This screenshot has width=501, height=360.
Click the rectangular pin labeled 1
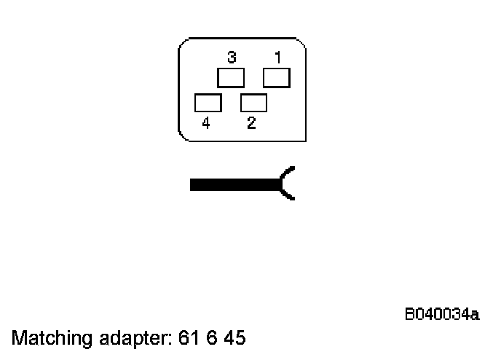coord(276,77)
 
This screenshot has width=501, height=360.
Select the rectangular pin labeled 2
coord(253,103)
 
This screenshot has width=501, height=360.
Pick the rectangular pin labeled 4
coord(208,103)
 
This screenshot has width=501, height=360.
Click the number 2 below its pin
coord(250,123)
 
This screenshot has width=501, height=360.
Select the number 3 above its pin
coord(231,56)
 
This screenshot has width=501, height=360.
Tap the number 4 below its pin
coord(206,124)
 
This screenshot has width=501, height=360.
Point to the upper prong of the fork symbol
coord(288,173)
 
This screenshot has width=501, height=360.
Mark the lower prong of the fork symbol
coord(288,194)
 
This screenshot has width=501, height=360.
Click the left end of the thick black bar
coord(192,184)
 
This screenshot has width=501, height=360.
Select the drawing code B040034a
coord(442,315)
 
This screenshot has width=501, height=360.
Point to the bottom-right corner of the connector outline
coord(304,140)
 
